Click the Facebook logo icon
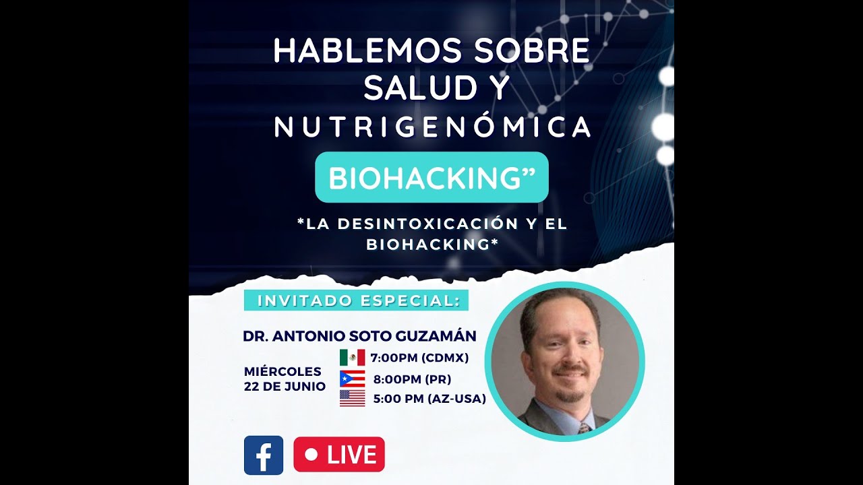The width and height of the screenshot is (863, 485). click(x=264, y=455)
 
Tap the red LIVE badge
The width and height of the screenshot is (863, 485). click(x=339, y=455)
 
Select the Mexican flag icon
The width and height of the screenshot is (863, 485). click(x=352, y=358)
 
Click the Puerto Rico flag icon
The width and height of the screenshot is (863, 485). click(x=352, y=379)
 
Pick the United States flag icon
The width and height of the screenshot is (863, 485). click(x=352, y=398)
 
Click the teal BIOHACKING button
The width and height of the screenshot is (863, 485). click(x=431, y=177)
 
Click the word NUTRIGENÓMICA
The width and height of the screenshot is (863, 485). click(x=432, y=127)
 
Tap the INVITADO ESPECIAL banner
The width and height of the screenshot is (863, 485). click(x=356, y=300)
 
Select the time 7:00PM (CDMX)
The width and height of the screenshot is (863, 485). click(x=419, y=358)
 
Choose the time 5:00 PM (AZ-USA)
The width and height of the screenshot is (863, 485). click(x=429, y=399)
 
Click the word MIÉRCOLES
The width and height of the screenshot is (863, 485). click(x=282, y=371)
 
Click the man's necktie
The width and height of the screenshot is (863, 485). click(x=583, y=428)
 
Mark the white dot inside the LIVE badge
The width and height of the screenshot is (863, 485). click(x=311, y=455)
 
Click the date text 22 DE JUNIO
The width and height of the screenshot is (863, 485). click(x=285, y=387)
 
